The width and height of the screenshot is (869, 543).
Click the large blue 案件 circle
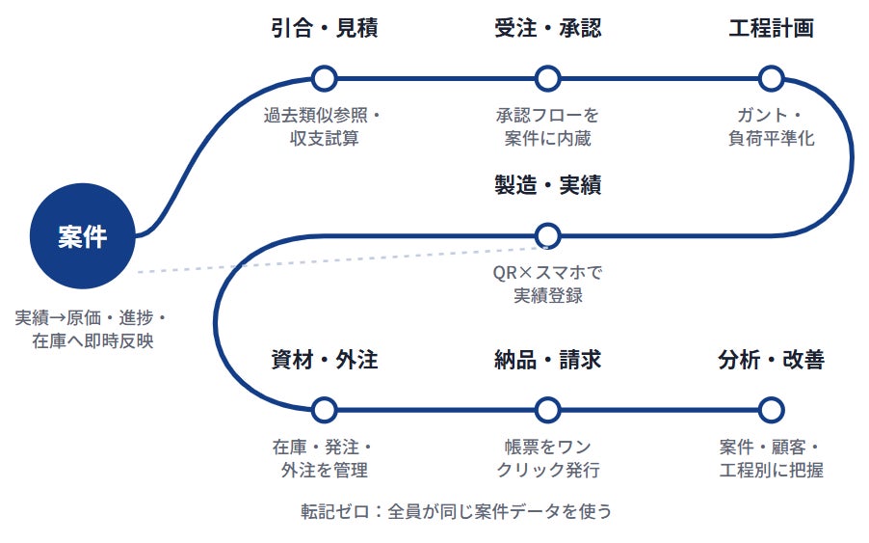[x=83, y=235]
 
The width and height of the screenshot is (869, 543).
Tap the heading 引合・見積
[x=325, y=28]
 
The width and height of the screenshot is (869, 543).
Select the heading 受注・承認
[x=547, y=28]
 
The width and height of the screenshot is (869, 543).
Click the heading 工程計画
[x=771, y=28]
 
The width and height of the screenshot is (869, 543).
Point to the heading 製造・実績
[x=547, y=185]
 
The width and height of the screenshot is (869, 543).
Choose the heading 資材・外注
[x=325, y=360]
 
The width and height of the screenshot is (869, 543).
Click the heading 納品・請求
[x=547, y=360]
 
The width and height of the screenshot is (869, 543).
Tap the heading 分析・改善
[x=771, y=360]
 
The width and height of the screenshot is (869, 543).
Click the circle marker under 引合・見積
[x=325, y=79]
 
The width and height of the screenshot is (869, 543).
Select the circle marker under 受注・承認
[x=547, y=79]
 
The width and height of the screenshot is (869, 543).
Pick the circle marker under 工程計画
[x=771, y=79]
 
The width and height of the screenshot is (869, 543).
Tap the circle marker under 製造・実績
[x=547, y=235]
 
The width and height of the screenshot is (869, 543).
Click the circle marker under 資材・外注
[x=325, y=411]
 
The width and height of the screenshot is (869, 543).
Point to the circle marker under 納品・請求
[x=547, y=411]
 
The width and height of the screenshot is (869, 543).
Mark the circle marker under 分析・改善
[x=771, y=411]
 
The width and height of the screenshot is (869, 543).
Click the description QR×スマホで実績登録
[x=547, y=284]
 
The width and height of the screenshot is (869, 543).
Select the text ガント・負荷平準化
[x=771, y=127]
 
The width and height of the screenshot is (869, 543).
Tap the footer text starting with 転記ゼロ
[x=456, y=511]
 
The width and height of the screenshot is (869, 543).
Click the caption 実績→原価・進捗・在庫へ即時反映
[x=91, y=329]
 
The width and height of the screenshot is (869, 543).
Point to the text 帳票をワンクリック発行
[x=547, y=459]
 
